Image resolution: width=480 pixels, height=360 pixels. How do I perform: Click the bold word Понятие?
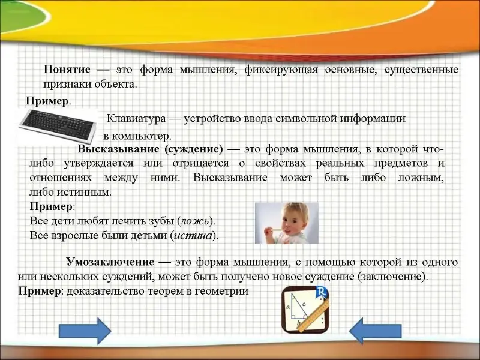coord(67,70)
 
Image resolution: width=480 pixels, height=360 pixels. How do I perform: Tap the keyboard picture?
coord(58,126)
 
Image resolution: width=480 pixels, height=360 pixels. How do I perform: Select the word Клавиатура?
coord(136,118)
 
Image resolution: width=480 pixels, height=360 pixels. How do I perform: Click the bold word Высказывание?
coord(119,149)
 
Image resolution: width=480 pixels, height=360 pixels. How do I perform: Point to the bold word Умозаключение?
coord(110,262)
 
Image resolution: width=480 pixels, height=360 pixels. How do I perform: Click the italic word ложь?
coord(196,221)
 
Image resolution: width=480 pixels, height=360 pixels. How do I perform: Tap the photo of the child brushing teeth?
coord(287,223)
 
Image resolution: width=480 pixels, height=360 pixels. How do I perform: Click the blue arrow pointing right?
coord(85,331)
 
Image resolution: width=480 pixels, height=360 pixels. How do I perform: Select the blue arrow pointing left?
coord(376,331)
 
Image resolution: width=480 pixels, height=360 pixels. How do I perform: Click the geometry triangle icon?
coord(305,310)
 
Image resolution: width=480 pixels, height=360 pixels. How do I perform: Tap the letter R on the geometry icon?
coord(321,291)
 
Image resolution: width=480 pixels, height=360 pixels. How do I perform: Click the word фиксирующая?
coord(281,70)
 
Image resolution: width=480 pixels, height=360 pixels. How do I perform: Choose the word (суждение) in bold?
coord(193,149)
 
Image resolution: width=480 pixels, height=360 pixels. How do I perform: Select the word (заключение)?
coord(391,277)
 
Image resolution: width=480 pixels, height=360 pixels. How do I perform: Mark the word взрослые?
coord(74,235)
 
